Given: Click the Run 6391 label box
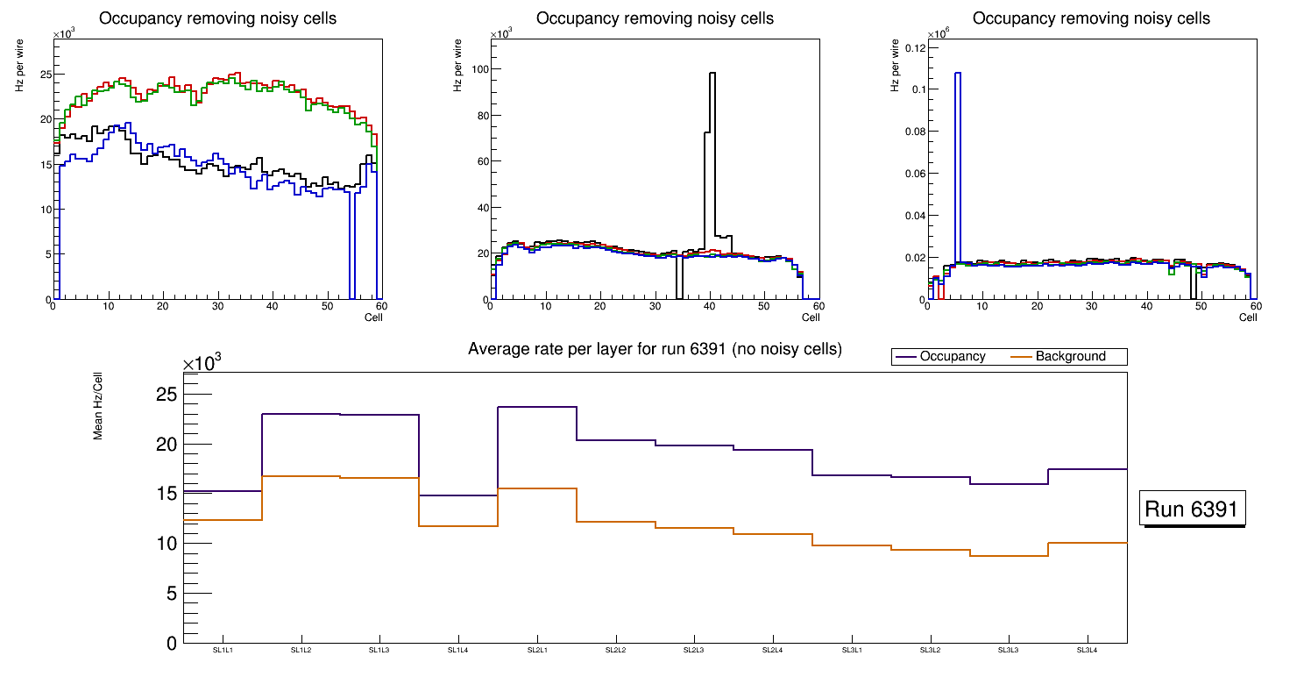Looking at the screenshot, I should [x=1192, y=510].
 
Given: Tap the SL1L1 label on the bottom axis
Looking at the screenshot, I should [x=223, y=650].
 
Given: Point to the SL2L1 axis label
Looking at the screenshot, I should [x=537, y=650].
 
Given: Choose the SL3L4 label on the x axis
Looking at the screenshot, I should [x=1088, y=650].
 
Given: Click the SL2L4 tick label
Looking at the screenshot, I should [x=773, y=650].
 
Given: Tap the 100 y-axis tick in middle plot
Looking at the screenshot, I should [x=477, y=69].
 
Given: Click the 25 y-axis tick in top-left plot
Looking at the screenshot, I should [x=46, y=74].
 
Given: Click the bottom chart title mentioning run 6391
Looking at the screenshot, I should [x=655, y=349].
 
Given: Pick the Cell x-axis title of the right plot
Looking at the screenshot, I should [x=1247, y=317].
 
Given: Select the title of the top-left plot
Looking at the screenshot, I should [x=217, y=18].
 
